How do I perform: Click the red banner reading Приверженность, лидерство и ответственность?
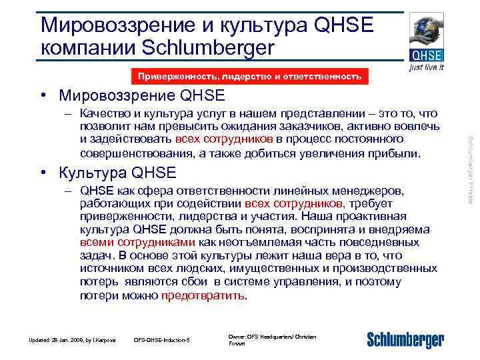[249, 77]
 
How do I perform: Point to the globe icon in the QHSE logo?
[426, 31]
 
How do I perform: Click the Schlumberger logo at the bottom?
[405, 341]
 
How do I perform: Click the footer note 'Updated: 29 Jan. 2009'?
[71, 341]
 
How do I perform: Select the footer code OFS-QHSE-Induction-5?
[162, 341]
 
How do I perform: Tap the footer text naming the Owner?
[272, 340]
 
